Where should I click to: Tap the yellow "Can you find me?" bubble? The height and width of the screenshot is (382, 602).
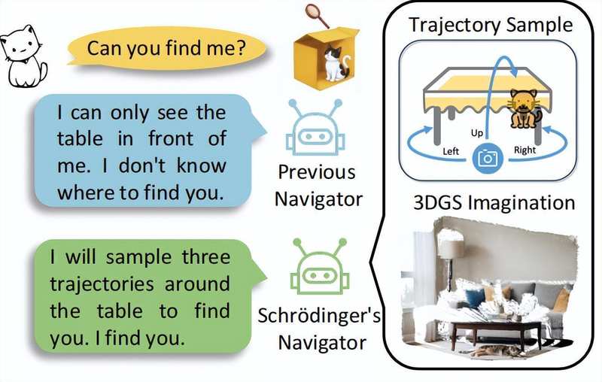click(x=166, y=50)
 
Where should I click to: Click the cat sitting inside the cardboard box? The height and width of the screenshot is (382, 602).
click(x=331, y=61)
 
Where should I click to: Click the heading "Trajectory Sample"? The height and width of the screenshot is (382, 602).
click(x=490, y=23)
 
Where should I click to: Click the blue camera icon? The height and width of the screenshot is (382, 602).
click(x=488, y=158)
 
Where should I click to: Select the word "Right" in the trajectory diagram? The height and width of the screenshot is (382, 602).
click(x=524, y=150)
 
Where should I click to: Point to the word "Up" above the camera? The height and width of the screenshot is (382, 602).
click(x=476, y=132)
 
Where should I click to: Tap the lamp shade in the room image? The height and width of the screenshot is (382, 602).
click(x=451, y=249)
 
